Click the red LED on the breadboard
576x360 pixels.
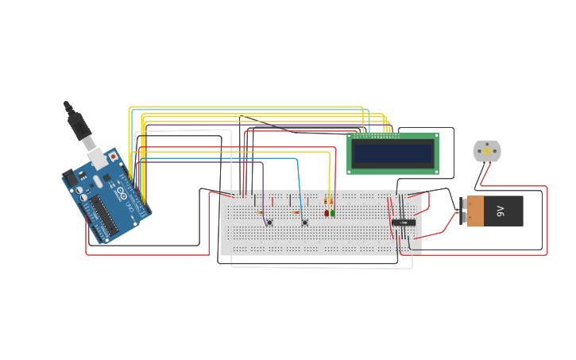(x=327, y=212)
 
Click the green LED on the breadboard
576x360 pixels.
(x=333, y=212)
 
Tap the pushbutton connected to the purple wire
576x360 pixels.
(x=269, y=223)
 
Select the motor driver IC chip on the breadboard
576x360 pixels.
(x=404, y=223)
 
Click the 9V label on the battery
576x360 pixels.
(x=501, y=211)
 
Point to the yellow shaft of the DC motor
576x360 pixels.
(x=487, y=151)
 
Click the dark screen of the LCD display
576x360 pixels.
(x=392, y=153)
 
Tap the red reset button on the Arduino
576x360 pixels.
(x=113, y=157)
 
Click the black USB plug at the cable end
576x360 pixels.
(x=78, y=123)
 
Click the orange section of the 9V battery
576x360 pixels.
(x=475, y=211)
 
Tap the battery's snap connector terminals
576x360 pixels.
(x=462, y=211)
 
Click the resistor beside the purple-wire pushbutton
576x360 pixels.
(x=261, y=212)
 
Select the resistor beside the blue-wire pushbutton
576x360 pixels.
(x=296, y=212)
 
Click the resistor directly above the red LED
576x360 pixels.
(x=327, y=202)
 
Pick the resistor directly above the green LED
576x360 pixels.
(x=332, y=202)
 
